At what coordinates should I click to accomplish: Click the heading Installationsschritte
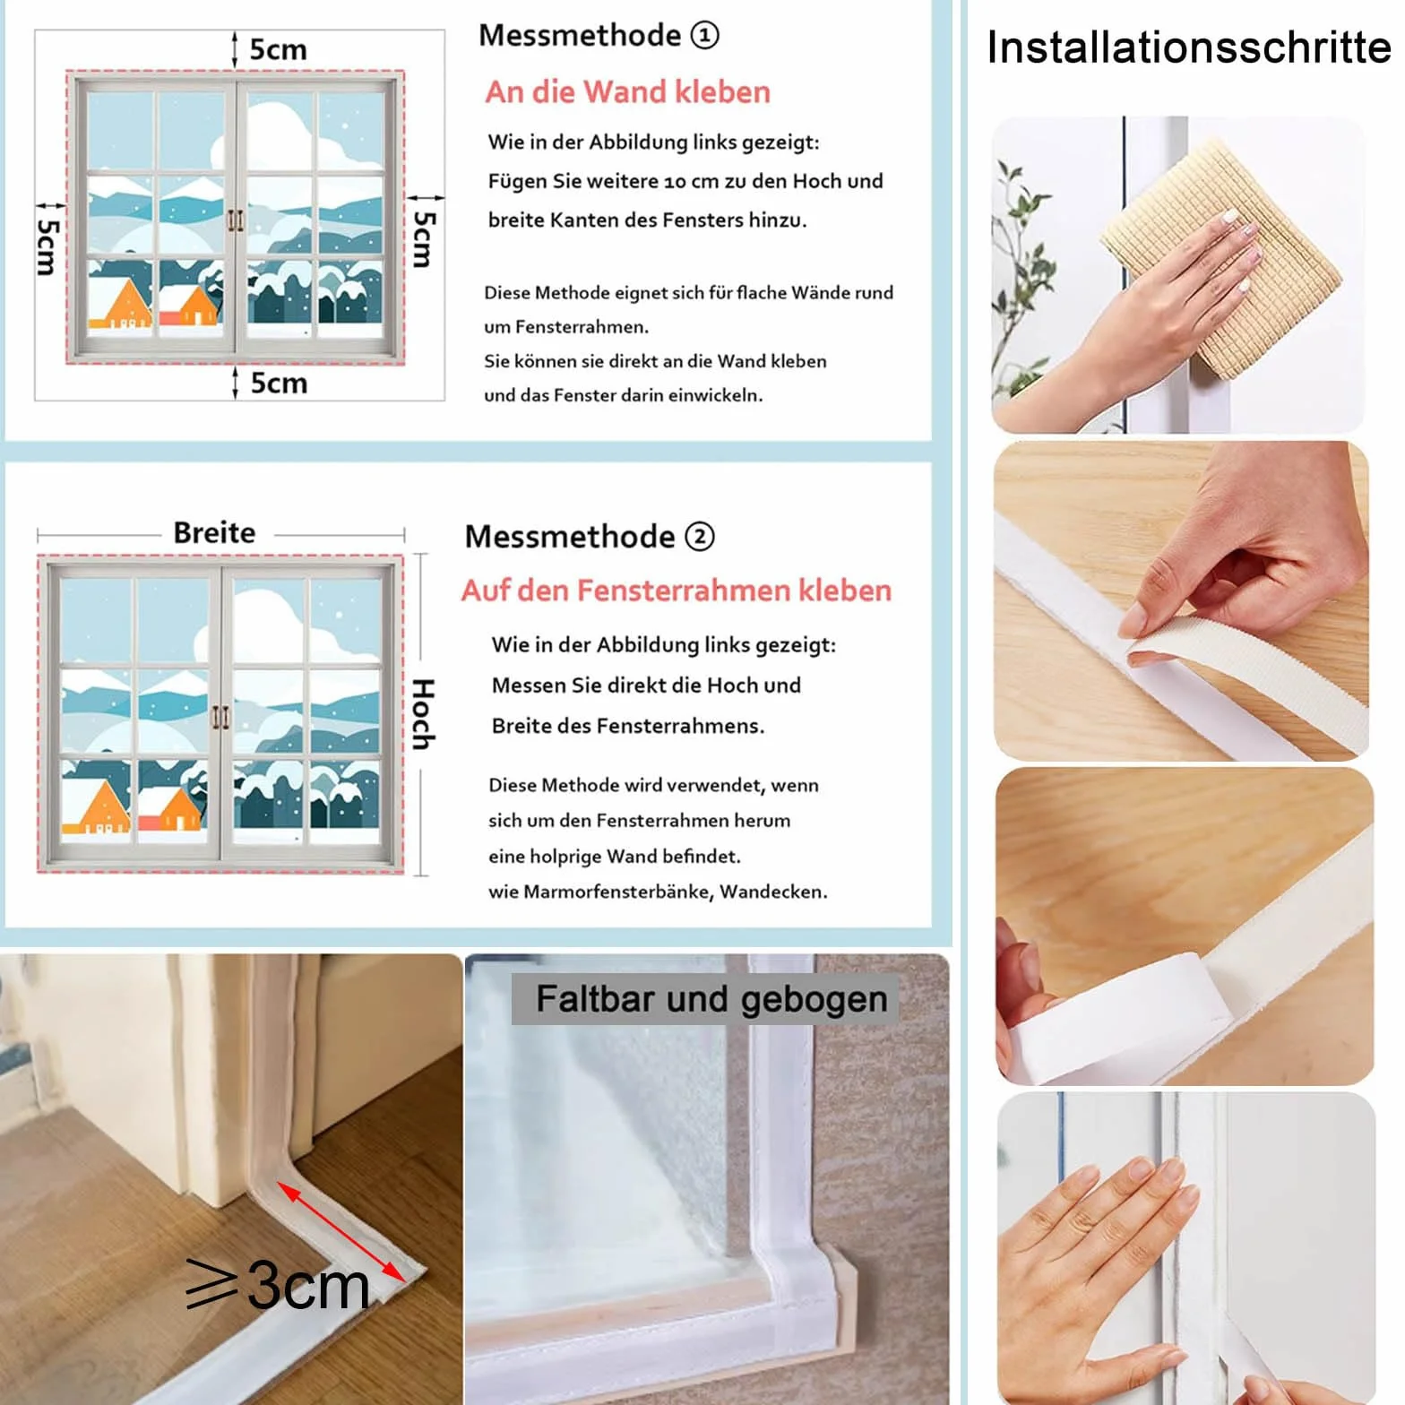point(1188,47)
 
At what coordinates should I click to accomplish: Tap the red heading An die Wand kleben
point(627,91)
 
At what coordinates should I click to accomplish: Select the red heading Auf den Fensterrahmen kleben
point(677,590)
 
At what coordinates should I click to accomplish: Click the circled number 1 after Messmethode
point(705,35)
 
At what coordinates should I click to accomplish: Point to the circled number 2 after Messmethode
point(700,536)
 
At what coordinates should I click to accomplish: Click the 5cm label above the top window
point(278,48)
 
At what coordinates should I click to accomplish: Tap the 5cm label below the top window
point(279,383)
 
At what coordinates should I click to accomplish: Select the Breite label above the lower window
point(214,532)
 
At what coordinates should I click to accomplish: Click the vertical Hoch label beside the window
point(423,714)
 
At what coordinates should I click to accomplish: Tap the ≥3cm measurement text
point(278,1286)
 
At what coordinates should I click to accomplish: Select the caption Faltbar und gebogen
point(711,998)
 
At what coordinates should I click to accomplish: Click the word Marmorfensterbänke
point(617,892)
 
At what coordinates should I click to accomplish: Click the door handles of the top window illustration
point(235,220)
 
